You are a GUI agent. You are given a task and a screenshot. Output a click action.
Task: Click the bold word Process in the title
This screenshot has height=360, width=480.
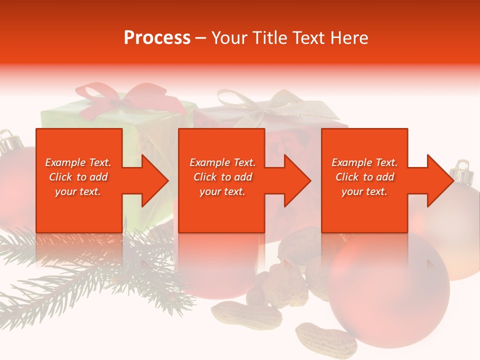[x=157, y=38]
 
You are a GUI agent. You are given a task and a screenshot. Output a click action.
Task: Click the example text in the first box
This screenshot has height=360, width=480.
[x=78, y=176]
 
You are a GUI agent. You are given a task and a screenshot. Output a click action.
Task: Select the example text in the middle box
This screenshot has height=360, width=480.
[x=222, y=176]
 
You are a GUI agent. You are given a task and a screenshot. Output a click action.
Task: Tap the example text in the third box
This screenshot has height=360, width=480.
[x=364, y=176]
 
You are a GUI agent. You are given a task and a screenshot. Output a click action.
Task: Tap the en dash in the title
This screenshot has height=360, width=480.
[x=200, y=38]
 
